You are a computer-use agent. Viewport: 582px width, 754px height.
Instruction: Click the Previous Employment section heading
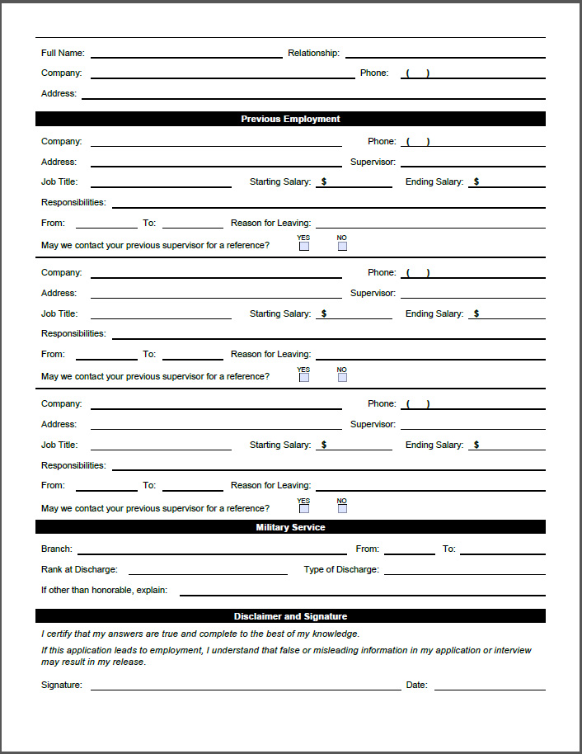tap(290, 119)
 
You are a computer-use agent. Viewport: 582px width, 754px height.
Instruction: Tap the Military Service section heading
tap(290, 527)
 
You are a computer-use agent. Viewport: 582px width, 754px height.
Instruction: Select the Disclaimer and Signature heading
tap(290, 616)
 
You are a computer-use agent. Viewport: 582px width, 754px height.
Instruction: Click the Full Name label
tap(63, 53)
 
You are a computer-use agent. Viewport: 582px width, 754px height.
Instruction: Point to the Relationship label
tap(313, 53)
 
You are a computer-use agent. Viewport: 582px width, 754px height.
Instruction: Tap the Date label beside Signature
tap(416, 685)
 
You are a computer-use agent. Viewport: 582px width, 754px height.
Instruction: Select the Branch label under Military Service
tap(57, 549)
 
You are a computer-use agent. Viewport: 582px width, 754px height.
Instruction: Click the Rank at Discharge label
tap(79, 569)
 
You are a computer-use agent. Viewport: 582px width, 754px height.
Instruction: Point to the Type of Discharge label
tap(341, 569)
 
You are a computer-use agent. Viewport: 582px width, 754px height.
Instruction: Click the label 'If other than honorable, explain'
tap(104, 590)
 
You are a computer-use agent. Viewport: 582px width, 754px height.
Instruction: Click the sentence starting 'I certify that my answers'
tap(200, 634)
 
